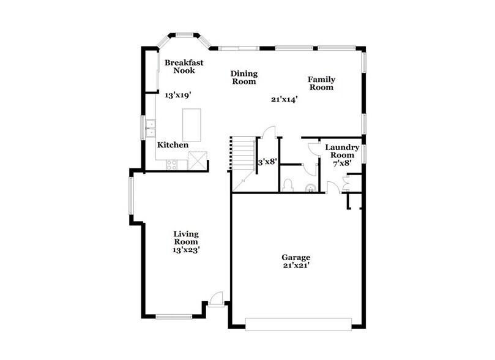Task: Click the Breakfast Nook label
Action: pos(184,67)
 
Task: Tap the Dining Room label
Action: pos(243,77)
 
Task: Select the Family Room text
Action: pos(321,83)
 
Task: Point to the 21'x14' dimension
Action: pos(284,99)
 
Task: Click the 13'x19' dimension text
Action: pos(178,95)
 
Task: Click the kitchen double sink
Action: pos(151,129)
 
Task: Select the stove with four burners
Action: pos(172,163)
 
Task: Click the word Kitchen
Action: pos(173,145)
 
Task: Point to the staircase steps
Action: pos(244,156)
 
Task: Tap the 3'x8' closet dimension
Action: pos(267,162)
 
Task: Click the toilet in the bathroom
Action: pos(288,186)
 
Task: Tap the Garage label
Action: pos(296,257)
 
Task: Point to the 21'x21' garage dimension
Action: pos(296,266)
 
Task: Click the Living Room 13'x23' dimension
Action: pos(185,249)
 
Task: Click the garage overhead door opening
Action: pos(298,323)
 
